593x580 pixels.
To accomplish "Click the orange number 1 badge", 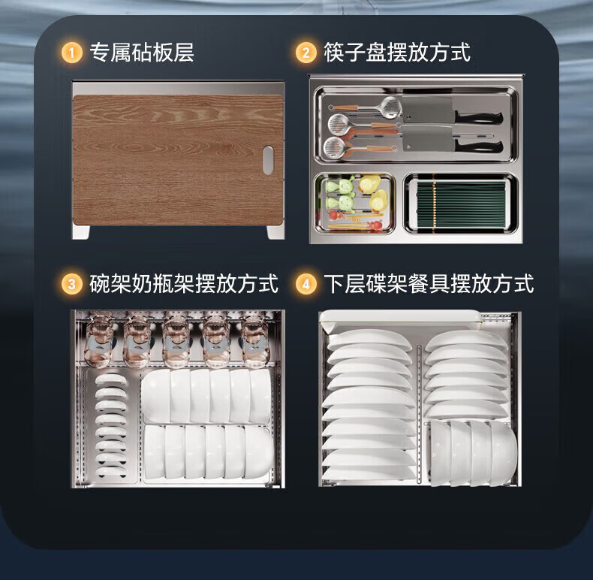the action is (71, 53).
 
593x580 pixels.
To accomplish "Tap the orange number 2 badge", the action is (306, 53).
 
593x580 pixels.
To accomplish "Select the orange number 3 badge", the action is (71, 283).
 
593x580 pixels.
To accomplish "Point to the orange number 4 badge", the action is (306, 283).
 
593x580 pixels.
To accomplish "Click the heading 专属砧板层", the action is (142, 53).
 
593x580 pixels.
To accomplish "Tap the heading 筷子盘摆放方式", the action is (397, 53).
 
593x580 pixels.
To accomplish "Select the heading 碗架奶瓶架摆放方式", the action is (184, 283).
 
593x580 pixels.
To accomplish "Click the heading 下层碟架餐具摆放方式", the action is (429, 283).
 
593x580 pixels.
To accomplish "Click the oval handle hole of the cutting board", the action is (268, 161).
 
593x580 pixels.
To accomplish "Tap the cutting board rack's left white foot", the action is (81, 232).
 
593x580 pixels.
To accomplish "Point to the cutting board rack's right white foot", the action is (275, 232).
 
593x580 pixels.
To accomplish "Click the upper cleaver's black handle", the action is (479, 117).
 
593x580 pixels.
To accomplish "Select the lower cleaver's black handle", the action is (479, 147).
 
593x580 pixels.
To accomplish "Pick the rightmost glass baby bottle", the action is (255, 341).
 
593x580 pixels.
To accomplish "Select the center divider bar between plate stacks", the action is (419, 414).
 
